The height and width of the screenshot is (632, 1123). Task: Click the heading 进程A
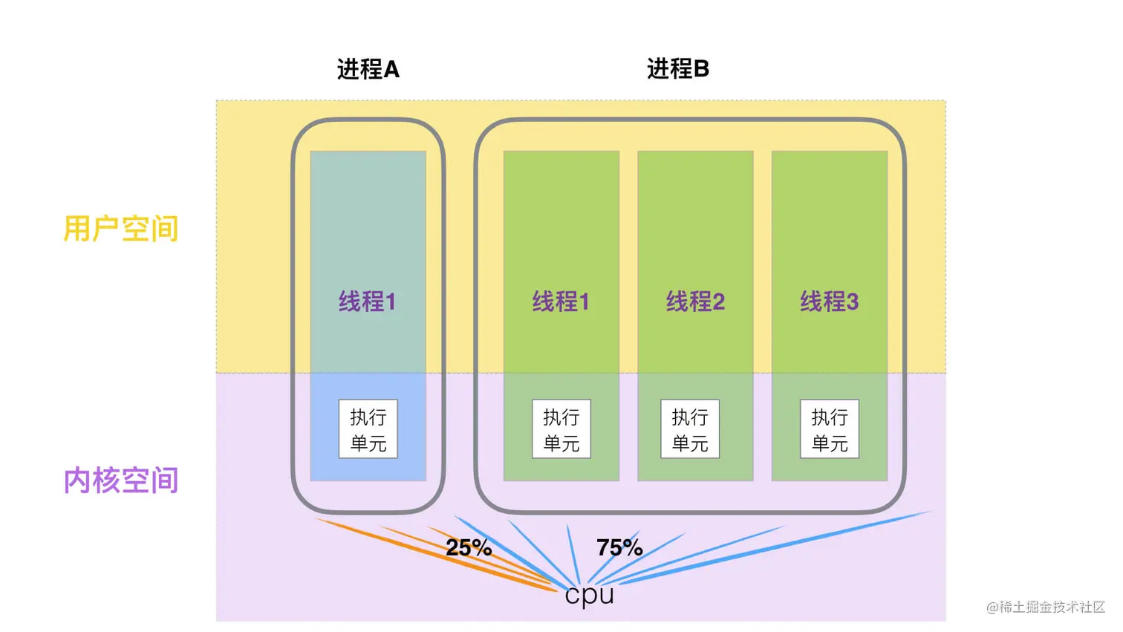(x=368, y=69)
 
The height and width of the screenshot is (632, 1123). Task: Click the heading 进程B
(x=677, y=69)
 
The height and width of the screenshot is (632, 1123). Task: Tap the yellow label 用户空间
(x=121, y=229)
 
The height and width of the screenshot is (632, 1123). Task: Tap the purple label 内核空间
(x=121, y=480)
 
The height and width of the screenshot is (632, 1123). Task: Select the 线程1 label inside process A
(x=368, y=302)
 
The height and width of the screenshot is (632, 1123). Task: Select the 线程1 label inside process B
(x=561, y=302)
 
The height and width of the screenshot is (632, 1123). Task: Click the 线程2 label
(x=695, y=302)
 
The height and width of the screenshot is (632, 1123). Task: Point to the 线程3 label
(x=829, y=302)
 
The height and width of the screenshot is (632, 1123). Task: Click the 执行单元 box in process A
(x=368, y=429)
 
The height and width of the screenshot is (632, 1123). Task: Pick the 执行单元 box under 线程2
(x=690, y=429)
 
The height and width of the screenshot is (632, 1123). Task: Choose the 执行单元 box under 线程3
(x=830, y=429)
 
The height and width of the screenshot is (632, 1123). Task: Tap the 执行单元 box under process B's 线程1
(x=561, y=429)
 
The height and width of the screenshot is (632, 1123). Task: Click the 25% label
(x=469, y=548)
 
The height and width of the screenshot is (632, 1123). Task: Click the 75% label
(x=619, y=548)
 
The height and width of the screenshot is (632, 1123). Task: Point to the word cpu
(x=590, y=595)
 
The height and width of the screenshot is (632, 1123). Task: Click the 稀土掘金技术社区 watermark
(x=1046, y=607)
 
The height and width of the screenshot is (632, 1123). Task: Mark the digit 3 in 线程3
(x=852, y=302)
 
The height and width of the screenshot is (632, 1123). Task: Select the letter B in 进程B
(x=701, y=69)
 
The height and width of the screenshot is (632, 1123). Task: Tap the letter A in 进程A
(x=391, y=70)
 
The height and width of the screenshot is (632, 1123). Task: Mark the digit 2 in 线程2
(x=718, y=302)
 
